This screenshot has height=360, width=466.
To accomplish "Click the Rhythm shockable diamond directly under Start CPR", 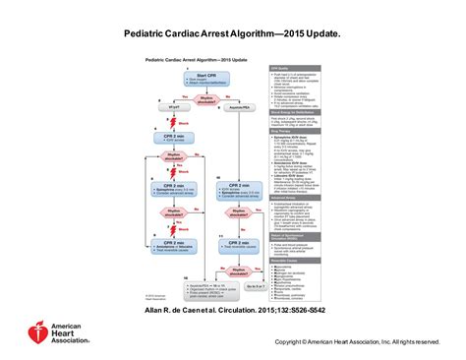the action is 204,95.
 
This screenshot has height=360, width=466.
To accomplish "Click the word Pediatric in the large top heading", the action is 148,33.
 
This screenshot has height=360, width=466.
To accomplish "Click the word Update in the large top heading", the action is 320,33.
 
